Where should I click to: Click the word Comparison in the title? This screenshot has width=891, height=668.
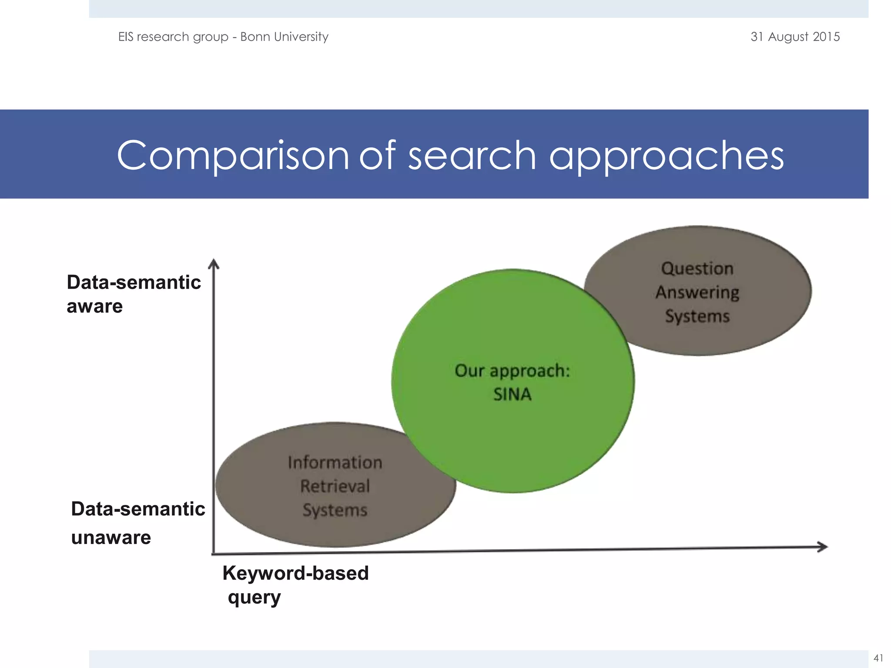coord(233,155)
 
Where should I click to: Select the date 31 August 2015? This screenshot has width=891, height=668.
coord(795,37)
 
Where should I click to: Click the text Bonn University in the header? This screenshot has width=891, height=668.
coord(284,37)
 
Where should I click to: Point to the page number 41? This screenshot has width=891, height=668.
coord(878,658)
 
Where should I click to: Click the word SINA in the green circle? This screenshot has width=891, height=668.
coord(512,394)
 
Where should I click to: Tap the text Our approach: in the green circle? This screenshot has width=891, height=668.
coord(512,371)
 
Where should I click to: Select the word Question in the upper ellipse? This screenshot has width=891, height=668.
coord(697,268)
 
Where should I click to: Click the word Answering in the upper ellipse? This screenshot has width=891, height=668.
coord(697,293)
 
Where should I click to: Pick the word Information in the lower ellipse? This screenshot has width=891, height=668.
coord(335,462)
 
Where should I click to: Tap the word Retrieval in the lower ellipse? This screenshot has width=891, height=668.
coord(335,486)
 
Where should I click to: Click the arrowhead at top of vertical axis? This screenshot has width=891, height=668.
coord(213,264)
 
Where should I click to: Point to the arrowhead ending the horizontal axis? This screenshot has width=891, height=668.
coord(823,547)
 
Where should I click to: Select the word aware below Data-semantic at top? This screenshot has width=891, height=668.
coord(94,307)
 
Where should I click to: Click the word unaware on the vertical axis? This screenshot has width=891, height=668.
coord(111,538)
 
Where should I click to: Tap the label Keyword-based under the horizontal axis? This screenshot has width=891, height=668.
coord(295,573)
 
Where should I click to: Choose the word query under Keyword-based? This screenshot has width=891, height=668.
coord(254,598)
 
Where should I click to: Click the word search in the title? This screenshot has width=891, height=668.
coord(472,155)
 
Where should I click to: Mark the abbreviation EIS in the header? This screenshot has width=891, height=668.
coord(126,37)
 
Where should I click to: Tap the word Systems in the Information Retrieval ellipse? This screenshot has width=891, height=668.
coord(335,510)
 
